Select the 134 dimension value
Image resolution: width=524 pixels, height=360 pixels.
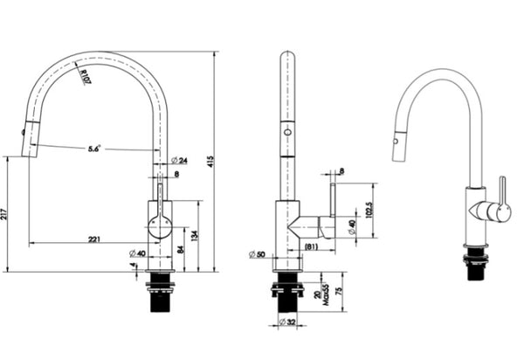(193, 234)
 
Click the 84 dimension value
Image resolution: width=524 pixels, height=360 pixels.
(180, 249)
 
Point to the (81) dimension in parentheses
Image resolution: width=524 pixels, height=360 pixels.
(310, 247)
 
